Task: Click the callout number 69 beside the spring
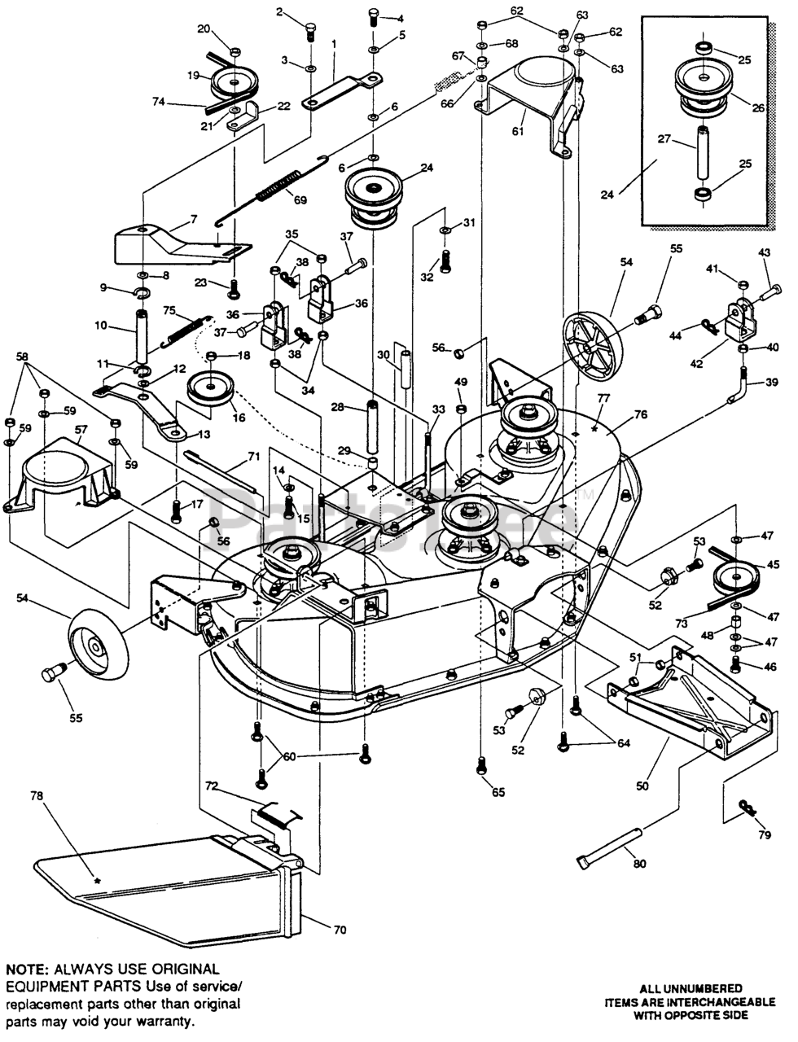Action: tap(300, 200)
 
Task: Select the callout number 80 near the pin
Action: tap(639, 863)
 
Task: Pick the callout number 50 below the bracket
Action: tap(643, 786)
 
